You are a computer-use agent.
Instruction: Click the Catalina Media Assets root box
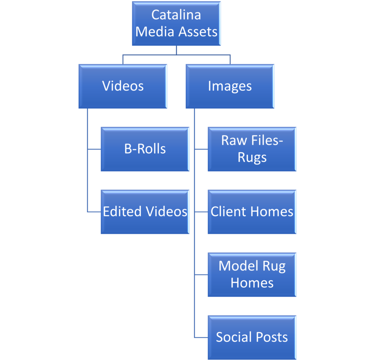[176, 23]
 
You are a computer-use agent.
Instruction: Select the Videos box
[123, 86]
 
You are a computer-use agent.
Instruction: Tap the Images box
[230, 86]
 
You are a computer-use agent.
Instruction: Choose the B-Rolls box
[145, 149]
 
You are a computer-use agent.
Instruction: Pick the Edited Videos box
[145, 211]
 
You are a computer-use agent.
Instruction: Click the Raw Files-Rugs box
[252, 149]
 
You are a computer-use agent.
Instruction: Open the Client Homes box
[252, 211]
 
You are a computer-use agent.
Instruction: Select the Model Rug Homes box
[252, 274]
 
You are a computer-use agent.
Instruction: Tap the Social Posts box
[252, 337]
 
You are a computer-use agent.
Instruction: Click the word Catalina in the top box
[176, 15]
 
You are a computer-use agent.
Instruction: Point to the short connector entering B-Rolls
[94, 149]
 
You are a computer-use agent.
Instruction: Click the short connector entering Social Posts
[201, 337]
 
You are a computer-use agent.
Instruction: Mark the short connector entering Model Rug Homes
[201, 274]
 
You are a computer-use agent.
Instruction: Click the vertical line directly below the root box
[177, 50]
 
